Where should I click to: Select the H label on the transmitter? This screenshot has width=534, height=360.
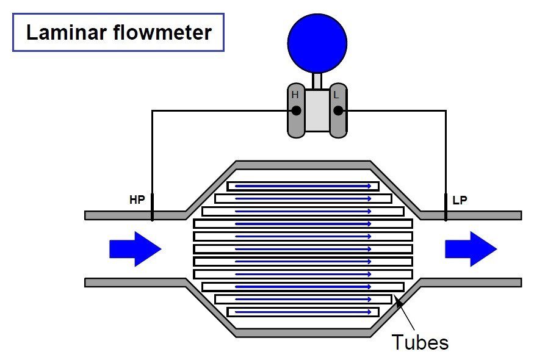pyautogui.click(x=295, y=95)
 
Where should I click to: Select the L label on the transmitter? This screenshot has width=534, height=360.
pyautogui.click(x=336, y=95)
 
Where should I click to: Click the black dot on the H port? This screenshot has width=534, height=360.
pyautogui.click(x=296, y=110)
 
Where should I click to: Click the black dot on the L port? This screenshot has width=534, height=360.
pyautogui.click(x=338, y=110)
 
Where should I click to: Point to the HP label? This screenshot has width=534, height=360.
pyautogui.click(x=137, y=200)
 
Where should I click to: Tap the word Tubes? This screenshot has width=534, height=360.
pyautogui.click(x=419, y=342)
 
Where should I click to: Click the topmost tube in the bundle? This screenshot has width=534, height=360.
pyautogui.click(x=303, y=186)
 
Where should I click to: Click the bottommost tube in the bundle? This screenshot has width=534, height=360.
pyautogui.click(x=303, y=312)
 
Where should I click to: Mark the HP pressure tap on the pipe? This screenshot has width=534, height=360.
pyautogui.click(x=152, y=208)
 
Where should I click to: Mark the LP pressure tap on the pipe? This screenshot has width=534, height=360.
pyautogui.click(x=446, y=208)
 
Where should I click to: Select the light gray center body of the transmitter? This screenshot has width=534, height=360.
pyautogui.click(x=317, y=110)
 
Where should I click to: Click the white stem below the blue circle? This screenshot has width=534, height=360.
pyautogui.click(x=317, y=81)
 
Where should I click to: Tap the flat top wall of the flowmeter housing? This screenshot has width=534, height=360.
pyautogui.click(x=303, y=165)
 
